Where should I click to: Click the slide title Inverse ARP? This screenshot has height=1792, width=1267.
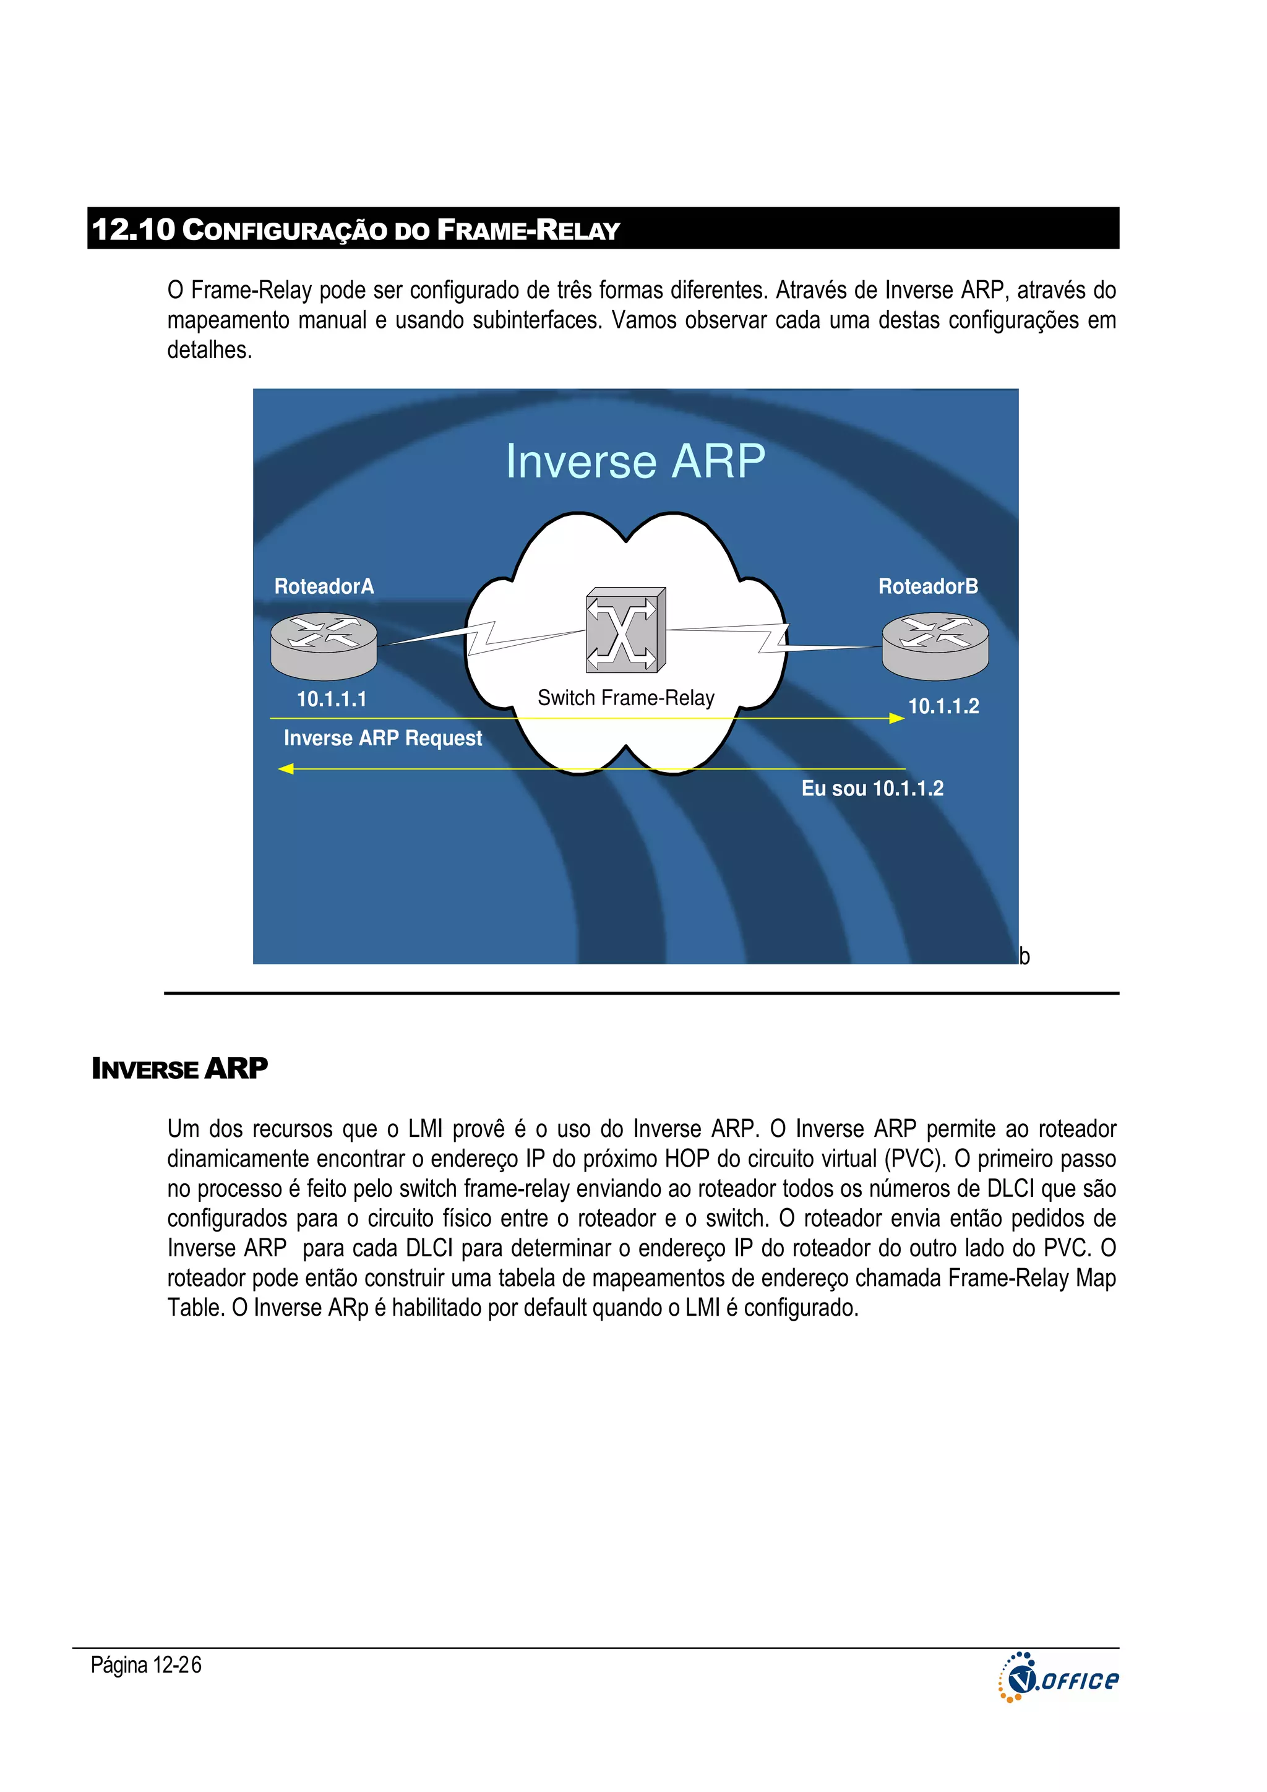(x=635, y=461)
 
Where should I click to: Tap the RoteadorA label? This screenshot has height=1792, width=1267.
(x=324, y=586)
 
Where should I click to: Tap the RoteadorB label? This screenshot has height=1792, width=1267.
(x=927, y=586)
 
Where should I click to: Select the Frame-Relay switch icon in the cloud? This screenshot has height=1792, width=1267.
(x=625, y=630)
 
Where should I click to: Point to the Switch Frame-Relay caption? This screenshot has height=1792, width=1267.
(x=625, y=698)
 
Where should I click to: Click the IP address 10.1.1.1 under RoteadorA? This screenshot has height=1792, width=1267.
(x=331, y=700)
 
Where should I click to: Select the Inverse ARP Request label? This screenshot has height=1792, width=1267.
(x=382, y=739)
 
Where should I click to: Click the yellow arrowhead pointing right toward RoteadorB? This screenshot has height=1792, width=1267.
(x=897, y=718)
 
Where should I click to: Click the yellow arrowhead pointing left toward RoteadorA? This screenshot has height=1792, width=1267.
(x=286, y=769)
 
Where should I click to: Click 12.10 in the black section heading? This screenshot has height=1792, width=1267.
(x=133, y=229)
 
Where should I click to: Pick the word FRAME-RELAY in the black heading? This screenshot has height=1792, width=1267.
(x=528, y=230)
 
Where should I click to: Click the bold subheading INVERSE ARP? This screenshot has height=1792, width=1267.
(x=179, y=1068)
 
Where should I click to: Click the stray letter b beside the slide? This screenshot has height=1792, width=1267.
(x=1024, y=956)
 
